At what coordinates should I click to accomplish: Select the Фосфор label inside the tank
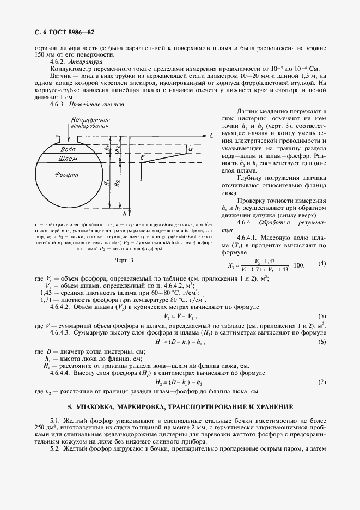[66, 175]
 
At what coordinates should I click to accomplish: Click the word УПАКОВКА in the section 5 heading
[101, 407]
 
